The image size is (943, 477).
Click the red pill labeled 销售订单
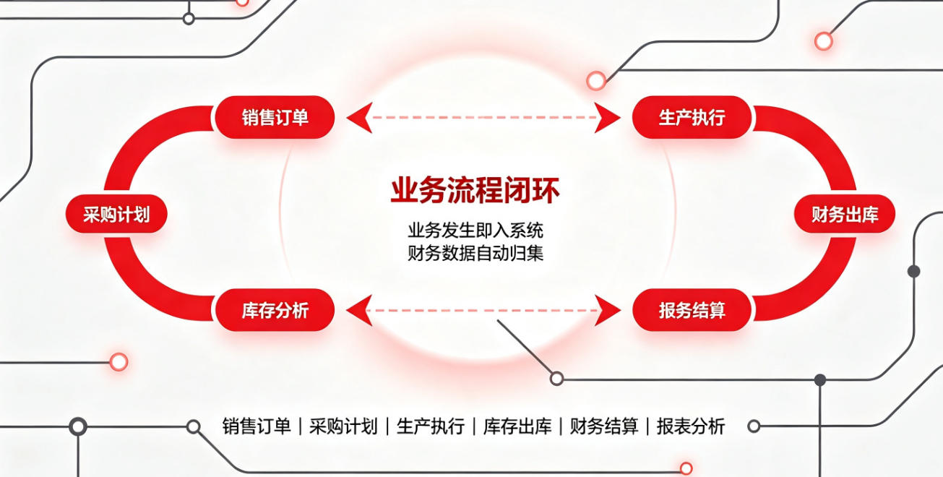tap(275, 117)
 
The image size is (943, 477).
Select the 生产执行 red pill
tap(692, 117)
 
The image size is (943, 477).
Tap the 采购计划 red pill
tap(116, 214)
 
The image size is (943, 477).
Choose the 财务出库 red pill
tap(845, 214)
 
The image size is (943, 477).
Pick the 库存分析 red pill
tap(275, 310)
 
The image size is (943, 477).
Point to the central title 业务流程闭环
tap(475, 191)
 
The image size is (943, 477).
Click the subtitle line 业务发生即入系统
tap(475, 231)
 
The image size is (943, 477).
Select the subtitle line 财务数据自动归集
tap(475, 253)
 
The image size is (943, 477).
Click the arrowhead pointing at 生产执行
tap(608, 118)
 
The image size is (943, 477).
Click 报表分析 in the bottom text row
tap(691, 426)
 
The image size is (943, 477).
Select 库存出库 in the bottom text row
tap(517, 426)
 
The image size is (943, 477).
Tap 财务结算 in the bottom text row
tap(604, 426)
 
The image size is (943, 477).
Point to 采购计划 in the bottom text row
tap(343, 426)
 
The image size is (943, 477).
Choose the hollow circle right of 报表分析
tap(754, 426)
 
